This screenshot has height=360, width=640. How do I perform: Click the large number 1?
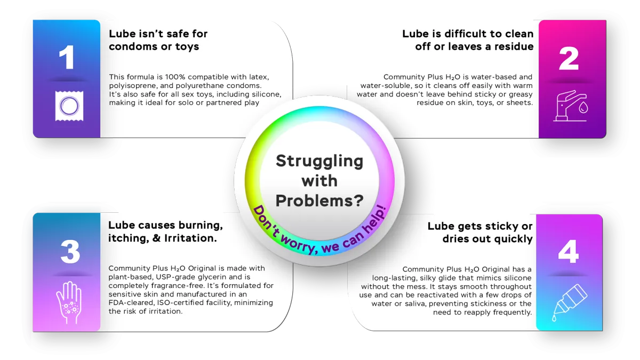click(66, 57)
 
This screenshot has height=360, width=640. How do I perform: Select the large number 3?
click(70, 251)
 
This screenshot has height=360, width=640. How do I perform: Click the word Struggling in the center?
click(319, 161)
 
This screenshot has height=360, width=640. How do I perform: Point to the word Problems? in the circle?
click(319, 201)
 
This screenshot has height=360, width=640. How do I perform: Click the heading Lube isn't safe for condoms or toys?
click(158, 40)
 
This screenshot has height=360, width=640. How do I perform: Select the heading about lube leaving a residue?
click(467, 40)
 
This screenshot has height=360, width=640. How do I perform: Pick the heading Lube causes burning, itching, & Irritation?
click(165, 231)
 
